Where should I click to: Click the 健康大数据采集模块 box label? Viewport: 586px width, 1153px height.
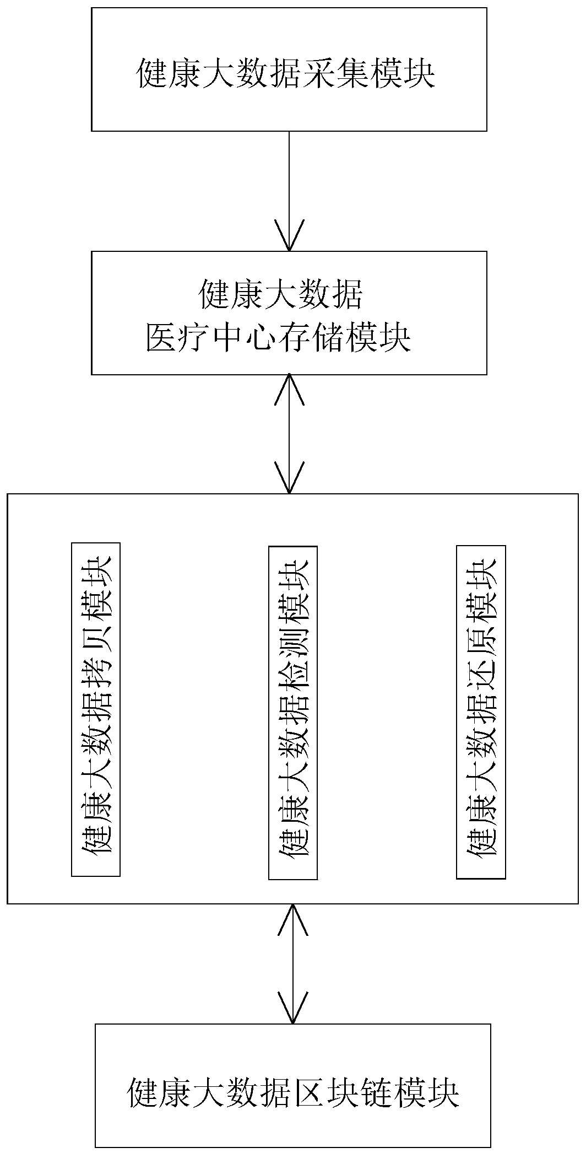coord(286,74)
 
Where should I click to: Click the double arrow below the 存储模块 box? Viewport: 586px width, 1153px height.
coord(289,434)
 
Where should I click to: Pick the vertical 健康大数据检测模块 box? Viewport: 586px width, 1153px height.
coord(293,713)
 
